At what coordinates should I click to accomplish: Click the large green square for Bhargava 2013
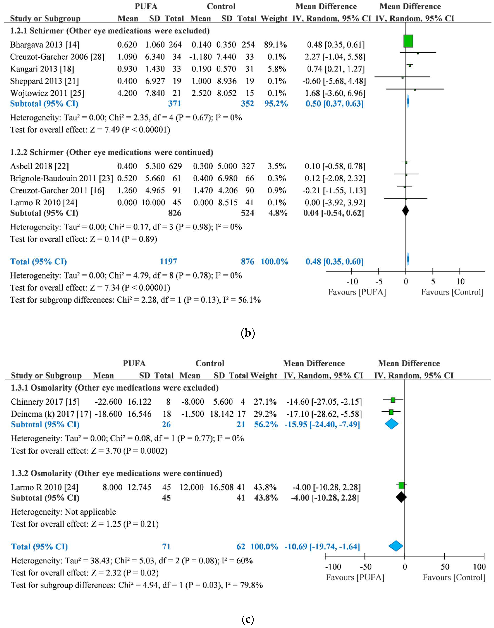pyautogui.click(x=408, y=41)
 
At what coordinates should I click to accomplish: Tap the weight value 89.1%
pyautogui.click(x=275, y=45)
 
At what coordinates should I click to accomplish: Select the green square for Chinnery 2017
pyautogui.click(x=393, y=400)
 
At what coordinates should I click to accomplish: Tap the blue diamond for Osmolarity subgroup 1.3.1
pyautogui.click(x=392, y=424)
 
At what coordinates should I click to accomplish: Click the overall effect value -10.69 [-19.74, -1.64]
pyautogui.click(x=322, y=546)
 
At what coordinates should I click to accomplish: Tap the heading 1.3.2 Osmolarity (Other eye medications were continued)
pyautogui.click(x=116, y=473)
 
